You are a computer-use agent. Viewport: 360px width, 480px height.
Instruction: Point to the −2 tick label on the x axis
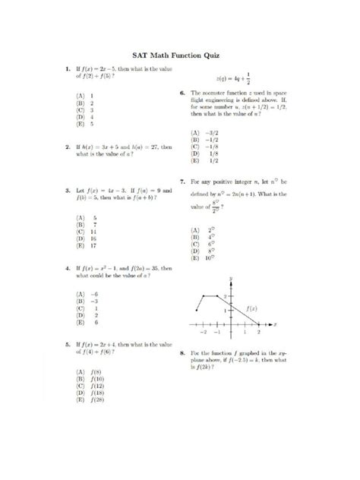point(203,333)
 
